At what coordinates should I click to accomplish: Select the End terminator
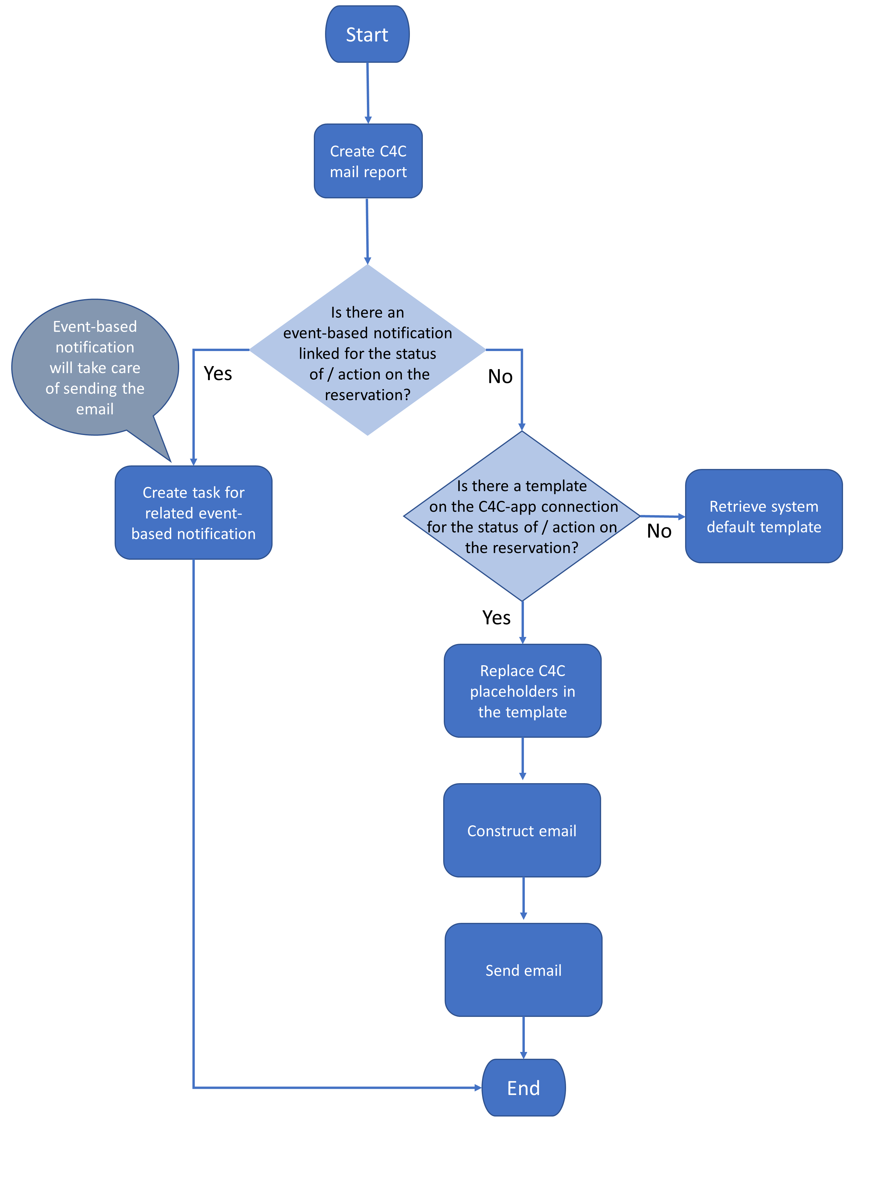coord(523,1087)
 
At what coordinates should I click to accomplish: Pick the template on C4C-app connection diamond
coord(522,516)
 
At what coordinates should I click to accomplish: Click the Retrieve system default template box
coord(763,516)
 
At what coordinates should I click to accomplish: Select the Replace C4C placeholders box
coord(522,691)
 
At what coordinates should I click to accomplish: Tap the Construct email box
coord(522,830)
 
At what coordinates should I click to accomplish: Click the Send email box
coord(523,969)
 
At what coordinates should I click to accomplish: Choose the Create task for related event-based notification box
coord(193,512)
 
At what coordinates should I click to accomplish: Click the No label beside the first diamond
coord(500,376)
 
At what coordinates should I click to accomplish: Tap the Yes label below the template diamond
coord(496,617)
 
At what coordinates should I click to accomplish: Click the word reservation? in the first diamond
coord(368,395)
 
